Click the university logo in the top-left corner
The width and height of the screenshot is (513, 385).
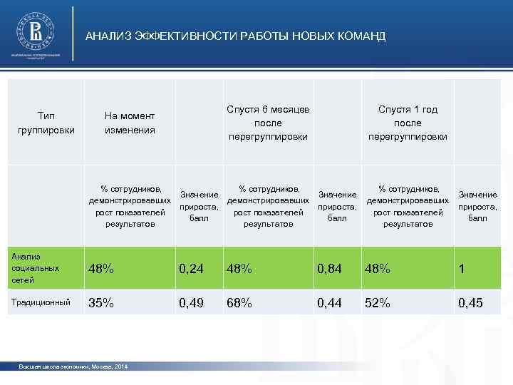click(x=35, y=32)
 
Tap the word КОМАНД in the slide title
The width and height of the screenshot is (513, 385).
click(x=363, y=36)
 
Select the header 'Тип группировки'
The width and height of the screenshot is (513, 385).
click(x=46, y=123)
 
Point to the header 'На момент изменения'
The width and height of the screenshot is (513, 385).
click(x=130, y=123)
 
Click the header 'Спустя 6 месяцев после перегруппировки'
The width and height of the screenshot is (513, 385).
click(x=268, y=123)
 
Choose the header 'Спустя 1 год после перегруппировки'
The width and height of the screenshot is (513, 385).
click(x=408, y=123)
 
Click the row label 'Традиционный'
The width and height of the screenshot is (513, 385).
click(x=41, y=302)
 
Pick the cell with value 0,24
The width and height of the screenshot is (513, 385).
click(x=192, y=269)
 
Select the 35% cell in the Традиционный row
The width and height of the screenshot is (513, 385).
click(x=100, y=302)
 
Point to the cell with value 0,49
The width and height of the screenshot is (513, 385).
click(x=192, y=302)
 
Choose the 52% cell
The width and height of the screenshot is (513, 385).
click(x=378, y=302)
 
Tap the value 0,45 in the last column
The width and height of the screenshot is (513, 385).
click(x=471, y=302)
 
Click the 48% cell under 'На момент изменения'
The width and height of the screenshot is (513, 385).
click(x=100, y=269)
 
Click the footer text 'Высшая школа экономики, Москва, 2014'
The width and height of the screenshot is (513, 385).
click(x=73, y=366)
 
